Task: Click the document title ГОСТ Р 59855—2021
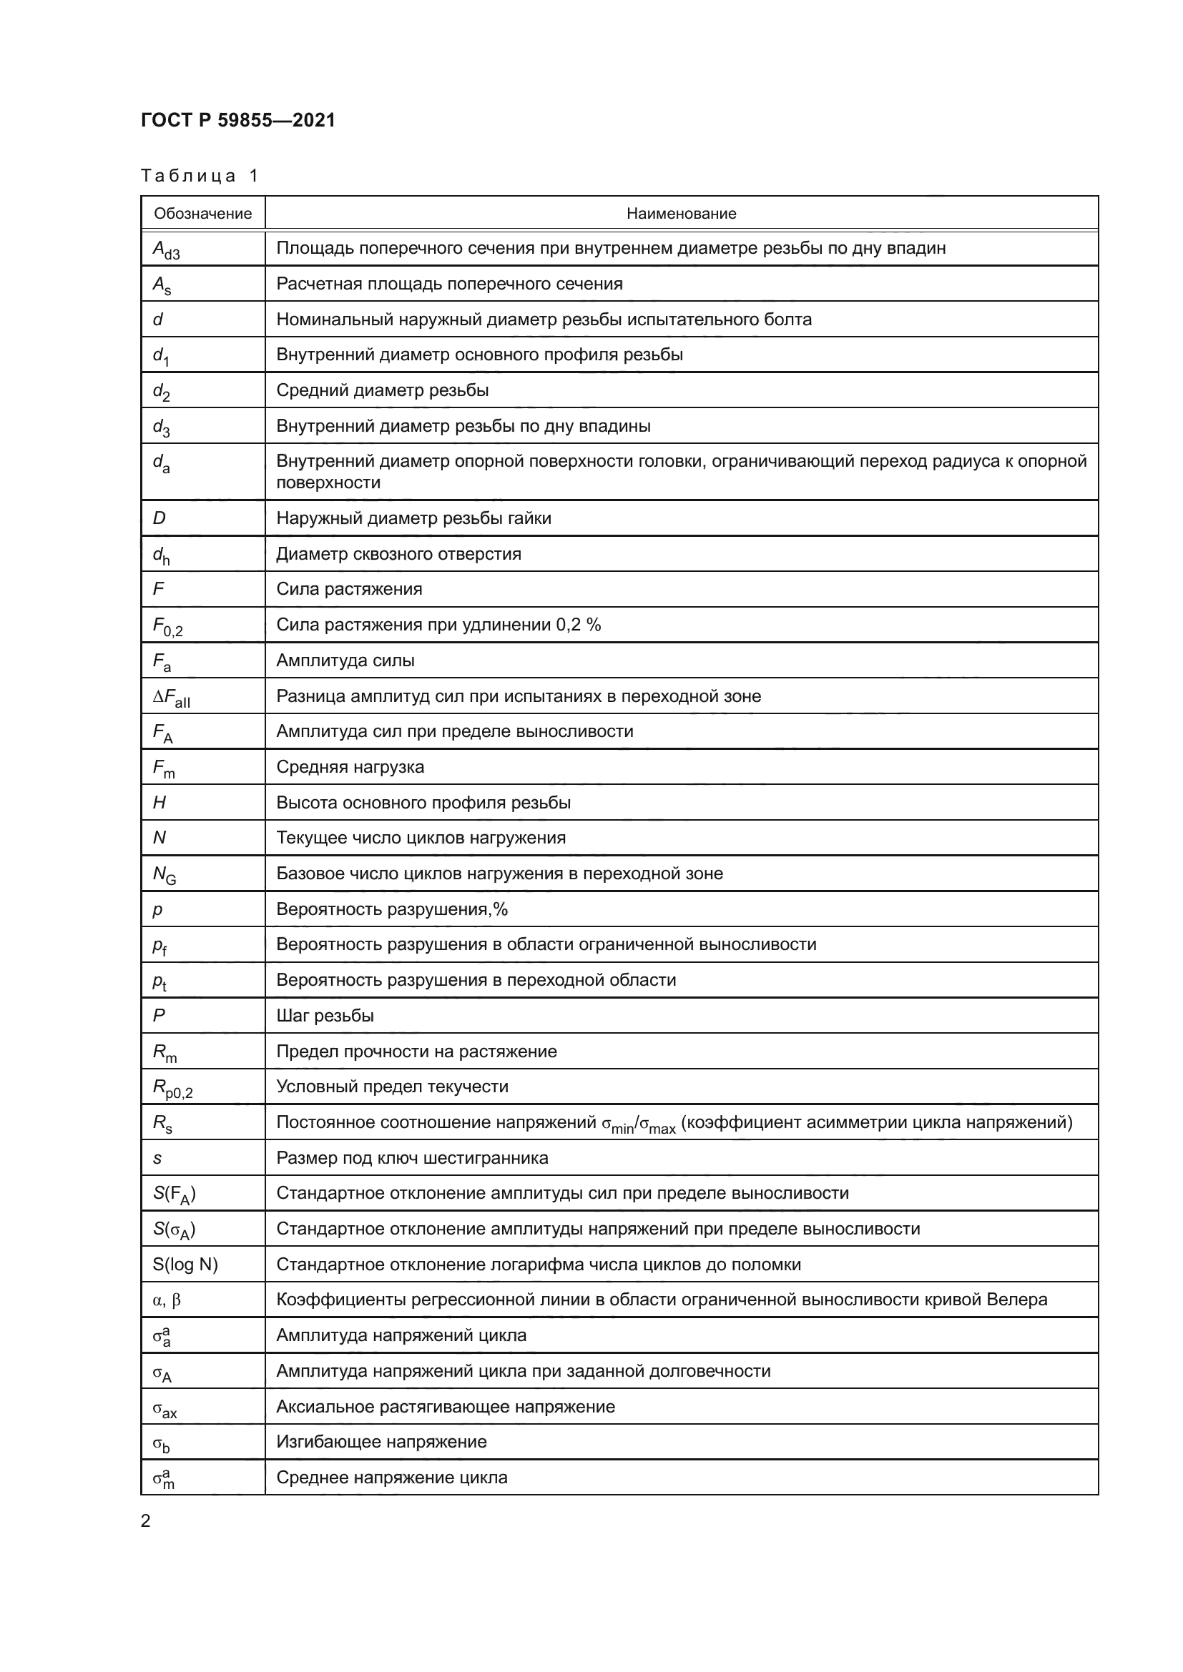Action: click(238, 120)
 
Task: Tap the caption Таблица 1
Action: click(200, 176)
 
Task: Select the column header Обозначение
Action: click(202, 213)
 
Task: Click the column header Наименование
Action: click(681, 213)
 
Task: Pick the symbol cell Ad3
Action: click(166, 249)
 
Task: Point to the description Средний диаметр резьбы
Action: click(382, 390)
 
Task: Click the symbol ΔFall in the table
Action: click(171, 698)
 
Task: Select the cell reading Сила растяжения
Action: click(349, 588)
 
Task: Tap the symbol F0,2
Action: click(167, 626)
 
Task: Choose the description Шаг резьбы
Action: click(325, 1015)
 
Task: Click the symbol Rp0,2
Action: click(172, 1088)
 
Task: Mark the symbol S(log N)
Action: click(185, 1265)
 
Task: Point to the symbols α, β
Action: click(167, 1300)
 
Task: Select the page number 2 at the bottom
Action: click(146, 1521)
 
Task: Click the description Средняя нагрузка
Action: click(350, 767)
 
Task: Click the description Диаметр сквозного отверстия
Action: click(398, 553)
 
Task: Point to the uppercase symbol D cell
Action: click(159, 518)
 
